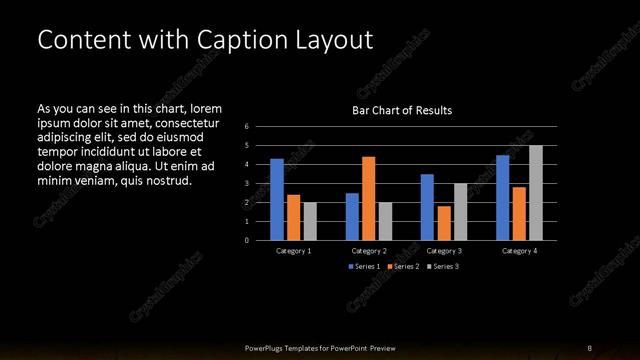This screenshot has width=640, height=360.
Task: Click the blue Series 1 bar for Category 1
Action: point(277,199)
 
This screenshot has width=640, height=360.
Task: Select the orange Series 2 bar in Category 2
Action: point(368,198)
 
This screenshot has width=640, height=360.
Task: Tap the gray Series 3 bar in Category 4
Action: point(535,192)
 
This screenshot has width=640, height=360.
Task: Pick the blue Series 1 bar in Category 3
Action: point(427,207)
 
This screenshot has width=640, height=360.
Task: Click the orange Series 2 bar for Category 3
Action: point(443,223)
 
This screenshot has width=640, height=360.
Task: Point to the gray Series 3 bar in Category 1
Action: point(309,221)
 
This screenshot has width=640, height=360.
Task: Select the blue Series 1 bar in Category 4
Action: point(503,197)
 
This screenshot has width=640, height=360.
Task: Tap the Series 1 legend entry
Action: point(364,267)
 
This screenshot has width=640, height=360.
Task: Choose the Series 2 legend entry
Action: point(404,267)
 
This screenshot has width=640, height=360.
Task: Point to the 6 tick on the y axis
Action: point(246,127)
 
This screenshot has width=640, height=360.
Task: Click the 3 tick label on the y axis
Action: point(246,184)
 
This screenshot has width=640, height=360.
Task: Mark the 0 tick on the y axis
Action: point(246,240)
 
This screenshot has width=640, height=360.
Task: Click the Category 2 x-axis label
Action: point(369,251)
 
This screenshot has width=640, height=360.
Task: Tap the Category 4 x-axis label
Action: point(519,251)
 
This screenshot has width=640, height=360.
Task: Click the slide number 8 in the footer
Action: point(589,347)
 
